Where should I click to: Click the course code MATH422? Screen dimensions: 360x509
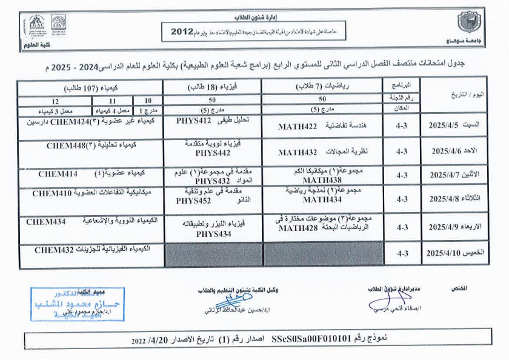pos(298,127)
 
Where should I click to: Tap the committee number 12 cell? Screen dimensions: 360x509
pos(55,101)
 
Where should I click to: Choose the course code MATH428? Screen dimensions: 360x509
pos(298,228)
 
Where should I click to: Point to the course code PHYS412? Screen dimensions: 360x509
pos(193,121)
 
